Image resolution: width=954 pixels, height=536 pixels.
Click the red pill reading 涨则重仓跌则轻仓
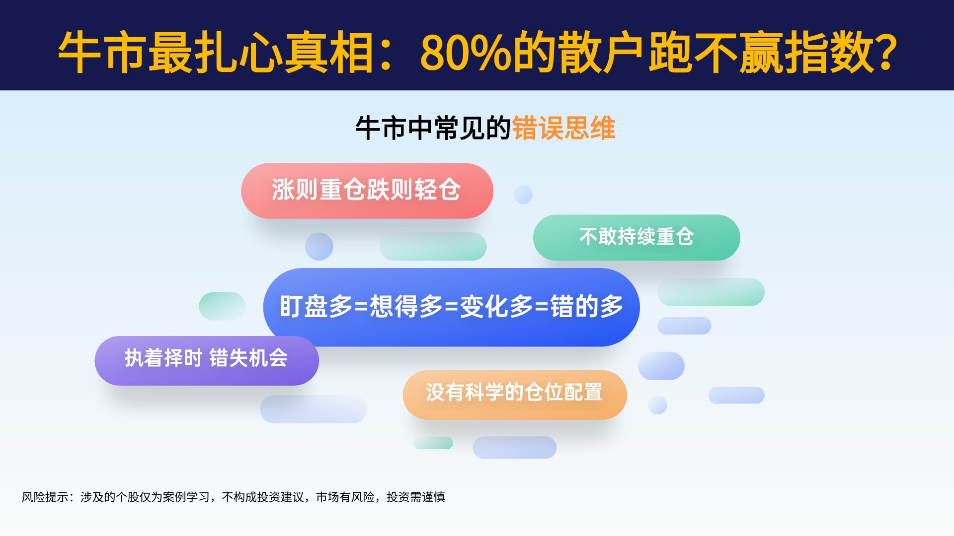click(367, 191)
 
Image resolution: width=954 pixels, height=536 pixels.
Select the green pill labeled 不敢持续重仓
click(636, 237)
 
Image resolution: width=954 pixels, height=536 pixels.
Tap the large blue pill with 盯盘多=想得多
click(451, 307)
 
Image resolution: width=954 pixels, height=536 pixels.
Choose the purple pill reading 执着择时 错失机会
click(207, 361)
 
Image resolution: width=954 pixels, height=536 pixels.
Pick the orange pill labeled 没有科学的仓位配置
click(515, 395)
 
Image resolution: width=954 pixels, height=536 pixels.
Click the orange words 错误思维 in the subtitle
click(563, 128)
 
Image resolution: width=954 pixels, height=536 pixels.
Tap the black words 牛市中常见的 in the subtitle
click(433, 128)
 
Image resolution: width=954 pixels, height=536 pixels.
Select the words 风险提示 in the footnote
click(45, 497)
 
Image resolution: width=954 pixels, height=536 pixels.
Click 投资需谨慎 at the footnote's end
click(416, 497)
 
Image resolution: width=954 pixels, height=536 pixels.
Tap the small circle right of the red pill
click(523, 195)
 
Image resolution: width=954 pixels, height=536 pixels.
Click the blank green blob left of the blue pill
click(222, 306)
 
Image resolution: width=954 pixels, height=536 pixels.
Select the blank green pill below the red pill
click(433, 246)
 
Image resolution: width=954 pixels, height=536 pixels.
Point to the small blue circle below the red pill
click(319, 246)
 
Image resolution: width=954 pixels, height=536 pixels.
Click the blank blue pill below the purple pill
click(314, 409)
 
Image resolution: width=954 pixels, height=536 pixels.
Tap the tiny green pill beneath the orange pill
click(433, 443)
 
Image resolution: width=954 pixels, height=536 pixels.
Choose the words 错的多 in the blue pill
click(587, 306)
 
